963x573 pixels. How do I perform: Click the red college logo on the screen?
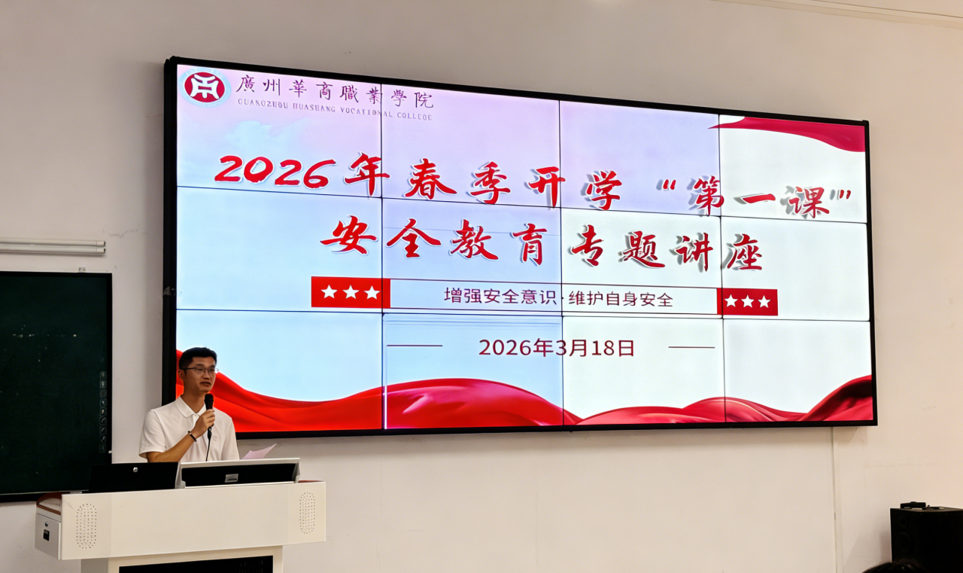point(205,87)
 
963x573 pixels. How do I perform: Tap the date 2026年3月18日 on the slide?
point(557,348)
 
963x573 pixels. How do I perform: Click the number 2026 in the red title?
point(275,172)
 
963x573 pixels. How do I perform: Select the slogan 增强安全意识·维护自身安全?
point(558,297)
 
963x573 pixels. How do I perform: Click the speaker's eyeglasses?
point(201,370)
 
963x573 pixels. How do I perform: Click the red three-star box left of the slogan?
point(351,292)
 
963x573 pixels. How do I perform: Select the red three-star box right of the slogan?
point(747,301)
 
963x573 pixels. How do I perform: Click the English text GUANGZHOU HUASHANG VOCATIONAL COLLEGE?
point(335,111)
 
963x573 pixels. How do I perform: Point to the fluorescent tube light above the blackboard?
point(53,246)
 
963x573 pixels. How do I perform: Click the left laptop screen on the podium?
point(134,476)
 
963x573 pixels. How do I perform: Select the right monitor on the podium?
point(240,473)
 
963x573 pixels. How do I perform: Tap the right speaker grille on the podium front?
point(307,513)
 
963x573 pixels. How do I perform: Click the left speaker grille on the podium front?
point(86,525)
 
